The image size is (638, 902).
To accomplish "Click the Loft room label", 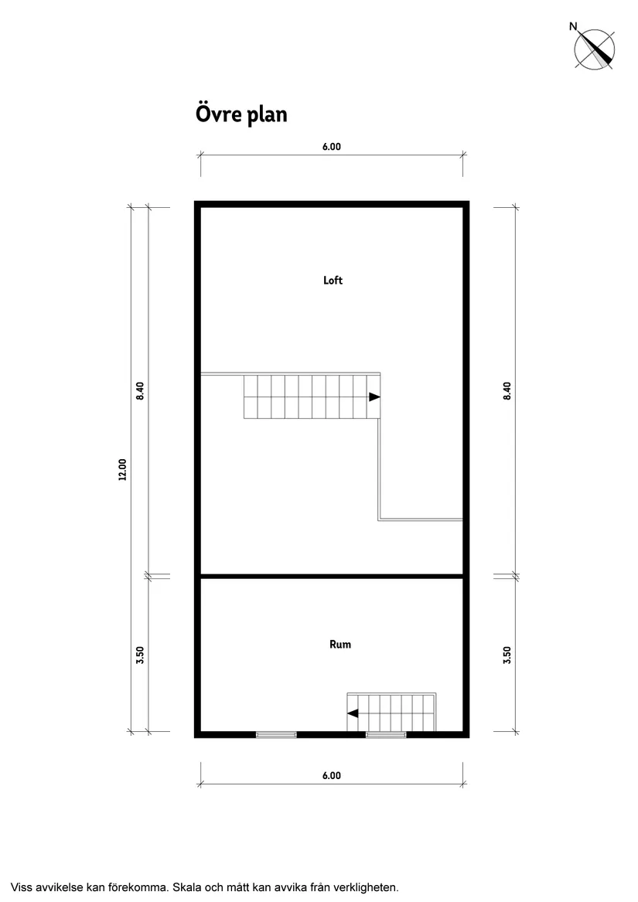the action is pos(333,280).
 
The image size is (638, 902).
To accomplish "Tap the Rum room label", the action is pos(340,645).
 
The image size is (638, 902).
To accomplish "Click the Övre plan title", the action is pos(241,114).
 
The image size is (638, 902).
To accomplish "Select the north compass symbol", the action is pos(594,49).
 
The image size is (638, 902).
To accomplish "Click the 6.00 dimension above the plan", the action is pos(332,147).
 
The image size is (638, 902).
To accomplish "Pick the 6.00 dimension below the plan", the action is pos(332,775).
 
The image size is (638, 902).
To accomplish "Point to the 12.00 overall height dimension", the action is pos(122,469).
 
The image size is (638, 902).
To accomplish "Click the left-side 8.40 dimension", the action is pos(140,390).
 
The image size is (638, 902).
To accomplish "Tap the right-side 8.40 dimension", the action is pos(507,390).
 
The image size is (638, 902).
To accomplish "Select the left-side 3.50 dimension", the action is pos(140,655).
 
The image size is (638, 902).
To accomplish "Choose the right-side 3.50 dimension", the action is pos(507,655).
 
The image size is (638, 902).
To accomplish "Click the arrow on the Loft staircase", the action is pos(374,397).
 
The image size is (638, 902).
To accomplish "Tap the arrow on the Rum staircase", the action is pos(353,713).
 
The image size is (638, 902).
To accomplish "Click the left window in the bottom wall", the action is pos(276,734).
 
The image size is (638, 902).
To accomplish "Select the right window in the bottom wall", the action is pos(386,734).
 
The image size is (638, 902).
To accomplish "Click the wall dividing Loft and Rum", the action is pos(332,575).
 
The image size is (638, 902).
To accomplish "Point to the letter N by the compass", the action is pos(573,26).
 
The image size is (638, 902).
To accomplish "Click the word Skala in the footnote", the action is pos(189,887).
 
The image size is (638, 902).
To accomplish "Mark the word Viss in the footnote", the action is pos(22,887).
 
